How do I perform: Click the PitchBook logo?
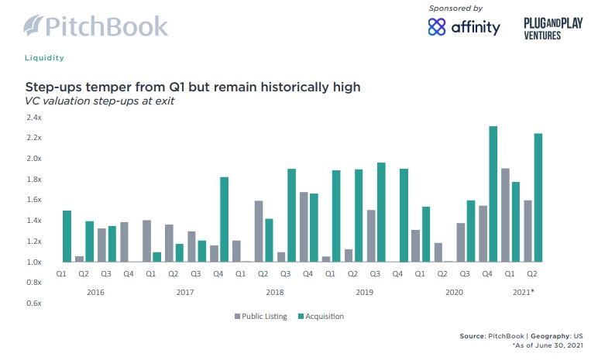pos(95,25)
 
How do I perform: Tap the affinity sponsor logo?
pos(464,27)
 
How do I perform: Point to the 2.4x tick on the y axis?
pos(33,118)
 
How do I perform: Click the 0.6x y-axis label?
pos(33,303)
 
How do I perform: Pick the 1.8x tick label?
pos(33,180)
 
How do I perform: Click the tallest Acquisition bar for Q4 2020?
pos(493,194)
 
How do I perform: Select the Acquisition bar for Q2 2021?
pos(538,197)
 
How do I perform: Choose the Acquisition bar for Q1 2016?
pos(67,236)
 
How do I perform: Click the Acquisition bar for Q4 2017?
pos(225,219)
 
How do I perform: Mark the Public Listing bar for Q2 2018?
pos(258,231)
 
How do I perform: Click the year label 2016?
pos(96,293)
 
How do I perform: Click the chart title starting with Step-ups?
pos(194,87)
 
